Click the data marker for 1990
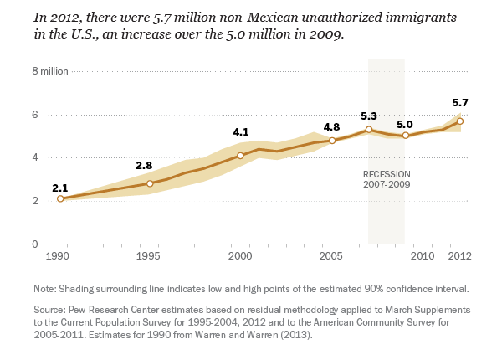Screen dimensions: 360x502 coord(60,198)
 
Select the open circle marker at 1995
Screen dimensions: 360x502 coord(150,183)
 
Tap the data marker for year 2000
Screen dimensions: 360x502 coord(240,155)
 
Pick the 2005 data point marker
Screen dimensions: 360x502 coord(332,141)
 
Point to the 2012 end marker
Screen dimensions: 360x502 coord(459,121)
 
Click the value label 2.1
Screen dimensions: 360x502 coord(59,188)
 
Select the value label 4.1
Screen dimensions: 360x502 coord(241,132)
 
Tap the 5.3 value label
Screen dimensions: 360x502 coord(369,116)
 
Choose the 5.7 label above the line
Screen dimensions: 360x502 coord(459,103)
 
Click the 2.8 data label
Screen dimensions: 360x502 coord(144,166)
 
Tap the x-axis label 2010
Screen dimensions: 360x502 coord(422,255)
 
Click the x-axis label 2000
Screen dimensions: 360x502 coord(240,255)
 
